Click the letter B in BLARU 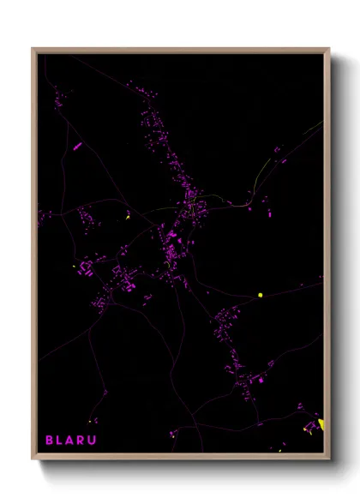pyautogui.click(x=49, y=440)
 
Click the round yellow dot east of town pyautogui.click(x=260, y=296)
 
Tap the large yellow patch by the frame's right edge pyautogui.click(x=321, y=423)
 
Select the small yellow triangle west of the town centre pyautogui.click(x=127, y=218)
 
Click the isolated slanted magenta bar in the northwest pyautogui.click(x=77, y=147)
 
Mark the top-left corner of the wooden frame pyautogui.click(x=33, y=48)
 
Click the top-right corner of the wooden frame pyautogui.click(x=329, y=48)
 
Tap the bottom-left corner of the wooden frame pyautogui.click(x=33, y=459)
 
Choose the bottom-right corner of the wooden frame pyautogui.click(x=329, y=459)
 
